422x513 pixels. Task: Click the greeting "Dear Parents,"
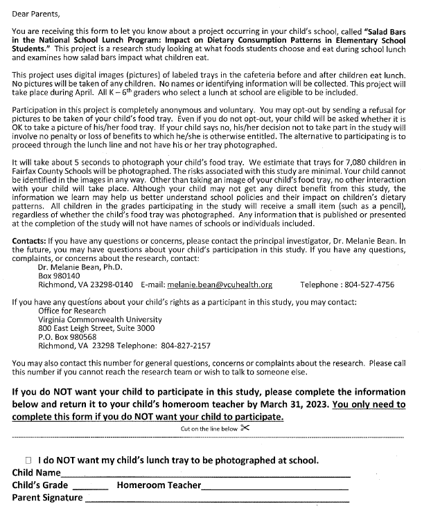37,12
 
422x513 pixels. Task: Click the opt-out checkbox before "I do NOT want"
28,460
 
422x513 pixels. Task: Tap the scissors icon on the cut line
245,428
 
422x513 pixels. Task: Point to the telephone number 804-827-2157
183,346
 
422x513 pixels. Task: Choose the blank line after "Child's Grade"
90,487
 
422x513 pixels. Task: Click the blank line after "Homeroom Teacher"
274,487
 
